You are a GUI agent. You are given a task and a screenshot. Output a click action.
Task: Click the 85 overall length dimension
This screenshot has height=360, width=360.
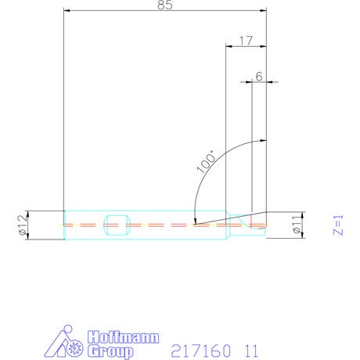click(165, 5)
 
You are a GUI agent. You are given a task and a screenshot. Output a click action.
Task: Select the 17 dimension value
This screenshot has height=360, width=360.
click(246, 41)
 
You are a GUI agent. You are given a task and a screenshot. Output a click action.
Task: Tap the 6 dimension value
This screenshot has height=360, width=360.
click(259, 77)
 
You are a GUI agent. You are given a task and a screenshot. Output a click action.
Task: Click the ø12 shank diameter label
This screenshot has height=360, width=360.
click(23, 225)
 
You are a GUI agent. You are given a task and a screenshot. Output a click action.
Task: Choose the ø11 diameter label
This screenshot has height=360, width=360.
click(297, 225)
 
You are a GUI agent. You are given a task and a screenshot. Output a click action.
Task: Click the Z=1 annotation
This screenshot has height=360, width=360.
click(338, 225)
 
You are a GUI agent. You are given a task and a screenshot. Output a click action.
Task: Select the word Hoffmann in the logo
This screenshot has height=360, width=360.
click(123, 337)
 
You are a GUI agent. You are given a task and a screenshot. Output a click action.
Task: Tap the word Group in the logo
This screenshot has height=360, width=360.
click(110, 351)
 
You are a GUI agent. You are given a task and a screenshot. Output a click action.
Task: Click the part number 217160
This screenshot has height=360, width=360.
click(201, 351)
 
